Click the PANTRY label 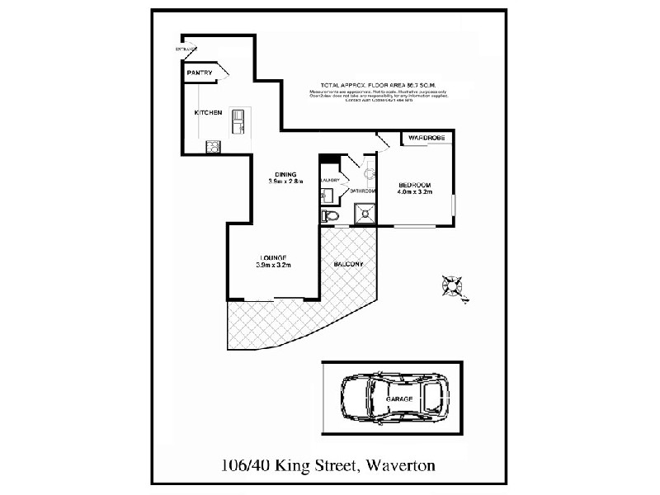pyautogui.click(x=200, y=73)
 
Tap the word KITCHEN pyautogui.click(x=207, y=112)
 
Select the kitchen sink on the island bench pyautogui.click(x=238, y=120)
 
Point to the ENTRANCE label pyautogui.click(x=186, y=50)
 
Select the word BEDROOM pyautogui.click(x=415, y=184)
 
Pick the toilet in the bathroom pyautogui.click(x=330, y=216)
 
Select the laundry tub pyautogui.click(x=328, y=196)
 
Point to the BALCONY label pyautogui.click(x=348, y=264)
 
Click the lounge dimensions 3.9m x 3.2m pyautogui.click(x=273, y=265)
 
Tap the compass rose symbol pyautogui.click(x=452, y=285)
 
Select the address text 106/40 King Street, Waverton pyautogui.click(x=328, y=465)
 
